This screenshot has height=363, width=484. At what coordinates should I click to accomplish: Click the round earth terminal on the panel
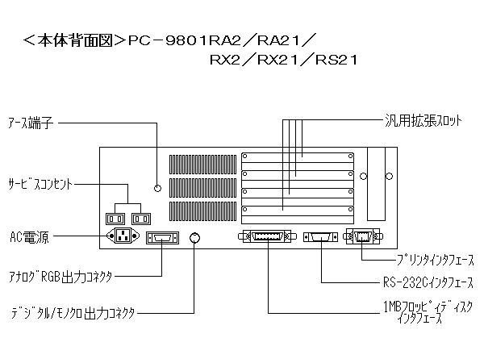click(x=158, y=188)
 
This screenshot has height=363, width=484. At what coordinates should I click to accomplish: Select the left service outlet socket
click(x=115, y=218)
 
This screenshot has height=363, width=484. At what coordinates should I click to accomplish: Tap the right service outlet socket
click(x=141, y=218)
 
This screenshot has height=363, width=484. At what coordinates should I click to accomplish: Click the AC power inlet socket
click(x=123, y=237)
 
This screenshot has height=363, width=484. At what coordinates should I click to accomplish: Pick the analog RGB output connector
click(x=162, y=238)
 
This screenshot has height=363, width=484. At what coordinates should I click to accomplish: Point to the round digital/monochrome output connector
click(x=194, y=238)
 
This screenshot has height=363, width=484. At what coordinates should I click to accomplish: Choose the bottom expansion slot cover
click(x=298, y=212)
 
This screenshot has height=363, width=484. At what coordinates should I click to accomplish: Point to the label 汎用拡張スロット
click(x=422, y=120)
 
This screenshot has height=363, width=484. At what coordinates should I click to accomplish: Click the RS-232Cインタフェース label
click(x=428, y=283)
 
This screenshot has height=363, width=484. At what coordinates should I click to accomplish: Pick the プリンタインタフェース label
click(x=435, y=260)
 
